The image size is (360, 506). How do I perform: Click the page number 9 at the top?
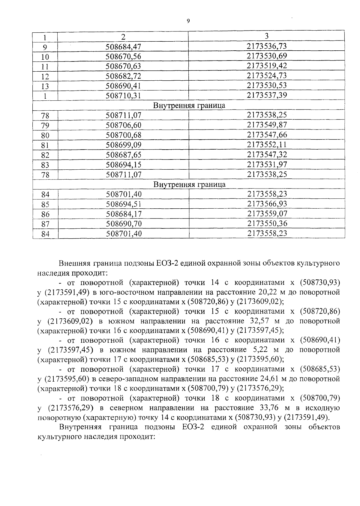tap(188, 21)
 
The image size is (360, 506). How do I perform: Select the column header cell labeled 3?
tap(266, 36)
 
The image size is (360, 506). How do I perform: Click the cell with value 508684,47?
tap(123, 47)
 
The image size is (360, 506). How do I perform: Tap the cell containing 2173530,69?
tap(267, 56)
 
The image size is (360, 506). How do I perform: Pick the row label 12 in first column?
tap(45, 76)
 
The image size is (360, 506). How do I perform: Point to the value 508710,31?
tap(123, 96)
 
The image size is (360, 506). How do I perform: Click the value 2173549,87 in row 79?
tap(267, 125)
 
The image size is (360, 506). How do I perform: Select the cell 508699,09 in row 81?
tap(123, 145)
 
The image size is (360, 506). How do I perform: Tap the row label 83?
tap(45, 165)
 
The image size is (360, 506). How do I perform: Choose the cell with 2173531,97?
tap(267, 164)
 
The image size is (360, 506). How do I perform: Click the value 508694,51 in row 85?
tap(124, 204)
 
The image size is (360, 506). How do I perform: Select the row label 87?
tap(45, 224)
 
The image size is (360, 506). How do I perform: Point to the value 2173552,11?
tap(267, 144)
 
